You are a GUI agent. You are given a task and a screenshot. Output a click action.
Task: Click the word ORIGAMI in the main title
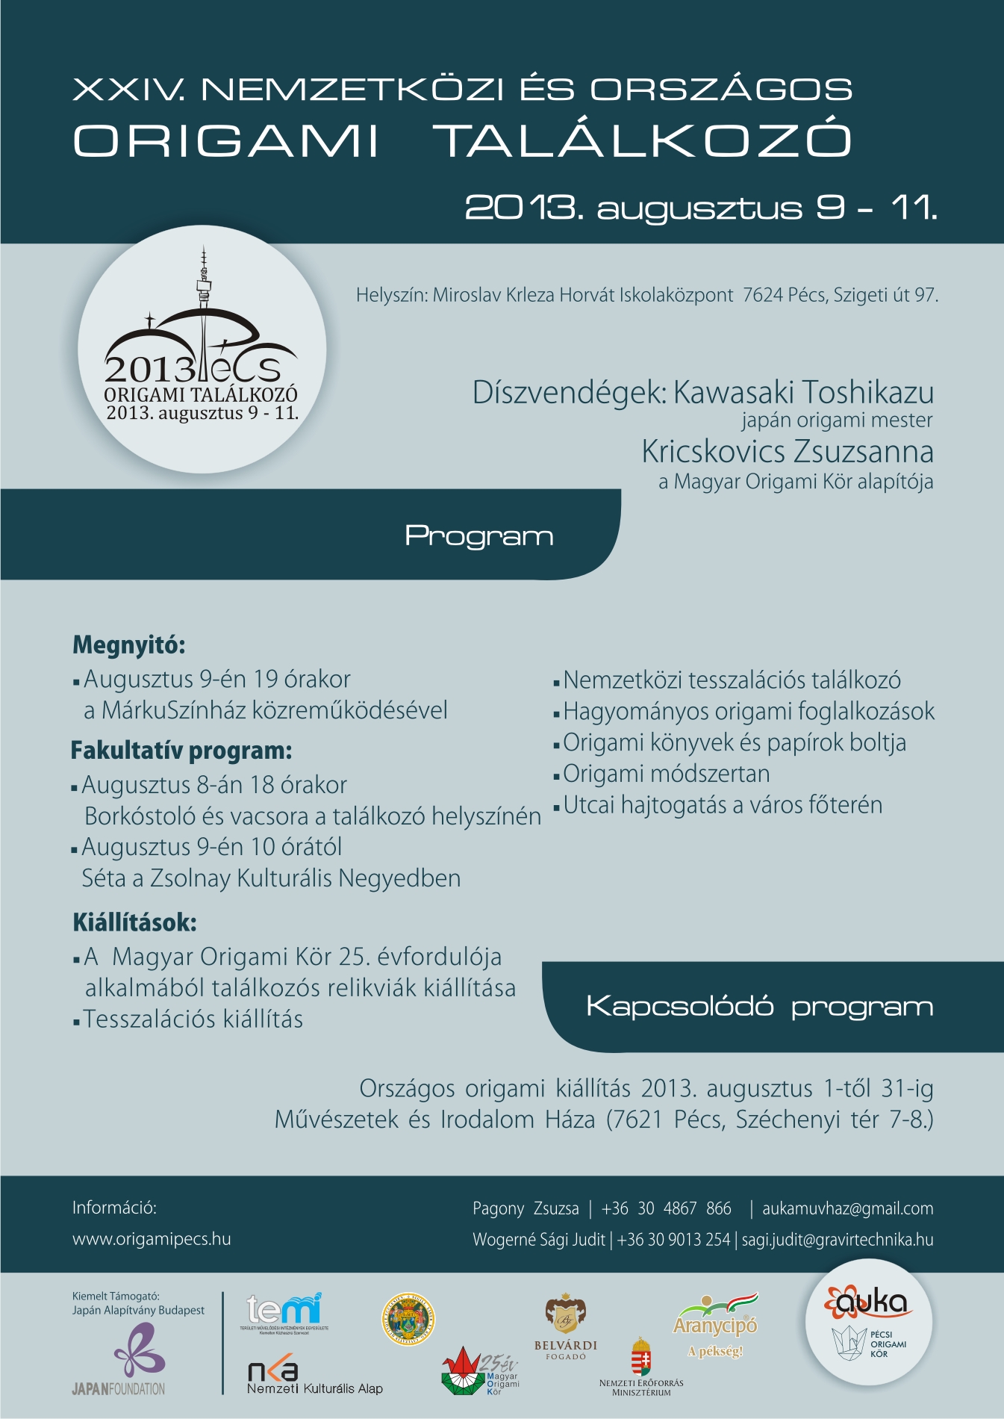226,140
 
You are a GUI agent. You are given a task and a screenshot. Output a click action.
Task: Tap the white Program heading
478,536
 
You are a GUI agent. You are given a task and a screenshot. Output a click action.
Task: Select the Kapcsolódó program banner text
759,1007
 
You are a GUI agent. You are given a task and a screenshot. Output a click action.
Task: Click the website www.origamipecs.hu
152,1239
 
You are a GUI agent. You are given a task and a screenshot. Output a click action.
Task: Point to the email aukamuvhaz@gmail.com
847,1208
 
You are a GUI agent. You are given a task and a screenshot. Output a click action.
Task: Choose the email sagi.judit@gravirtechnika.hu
837,1240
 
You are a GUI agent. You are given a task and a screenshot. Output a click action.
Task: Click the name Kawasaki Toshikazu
803,393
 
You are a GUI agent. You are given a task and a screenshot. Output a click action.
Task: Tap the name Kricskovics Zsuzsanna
788,452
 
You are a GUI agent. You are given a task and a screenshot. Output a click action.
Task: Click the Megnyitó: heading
129,645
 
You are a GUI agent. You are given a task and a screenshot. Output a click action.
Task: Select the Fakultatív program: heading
181,751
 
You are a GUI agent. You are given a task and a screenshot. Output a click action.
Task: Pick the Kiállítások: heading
134,922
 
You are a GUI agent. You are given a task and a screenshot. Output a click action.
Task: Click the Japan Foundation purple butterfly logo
139,1348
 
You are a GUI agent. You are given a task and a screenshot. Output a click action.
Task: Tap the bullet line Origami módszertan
666,774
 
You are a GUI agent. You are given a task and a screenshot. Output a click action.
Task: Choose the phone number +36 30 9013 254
673,1240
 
